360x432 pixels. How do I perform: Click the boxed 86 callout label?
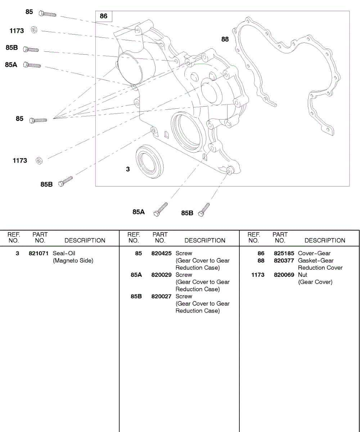104,16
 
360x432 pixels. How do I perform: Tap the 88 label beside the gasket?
225,39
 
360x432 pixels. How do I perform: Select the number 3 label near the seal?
128,169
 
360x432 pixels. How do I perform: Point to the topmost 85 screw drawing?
47,14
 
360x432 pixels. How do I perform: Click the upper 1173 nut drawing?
33,30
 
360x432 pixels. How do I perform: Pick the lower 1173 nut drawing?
39,161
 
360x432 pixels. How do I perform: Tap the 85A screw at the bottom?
161,209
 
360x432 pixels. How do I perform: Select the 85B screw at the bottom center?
204,210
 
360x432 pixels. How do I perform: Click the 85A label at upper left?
11,65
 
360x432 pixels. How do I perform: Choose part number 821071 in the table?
38,253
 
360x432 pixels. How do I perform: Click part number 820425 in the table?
161,253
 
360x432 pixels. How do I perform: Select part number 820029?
161,275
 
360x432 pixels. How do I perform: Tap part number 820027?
161,297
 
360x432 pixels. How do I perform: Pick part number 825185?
284,253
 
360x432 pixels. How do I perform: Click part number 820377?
284,261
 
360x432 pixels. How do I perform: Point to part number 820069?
284,275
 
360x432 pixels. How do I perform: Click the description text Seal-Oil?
64,253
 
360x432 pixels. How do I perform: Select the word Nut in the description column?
302,275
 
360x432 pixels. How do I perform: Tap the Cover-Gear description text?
314,253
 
